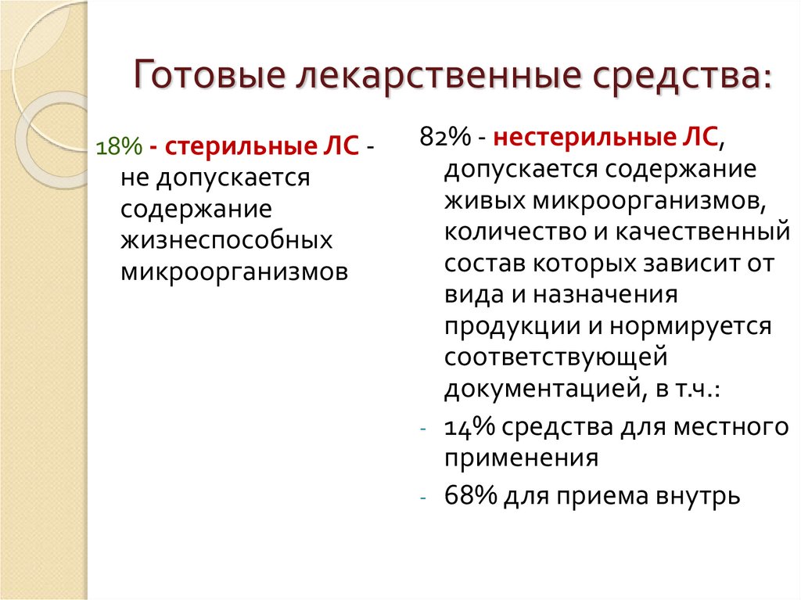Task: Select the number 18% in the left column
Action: [116, 146]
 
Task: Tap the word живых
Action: [485, 200]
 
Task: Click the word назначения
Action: [604, 294]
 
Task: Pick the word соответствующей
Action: [555, 357]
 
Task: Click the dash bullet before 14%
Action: [424, 429]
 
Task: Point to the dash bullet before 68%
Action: [424, 497]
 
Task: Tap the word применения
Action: [520, 458]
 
